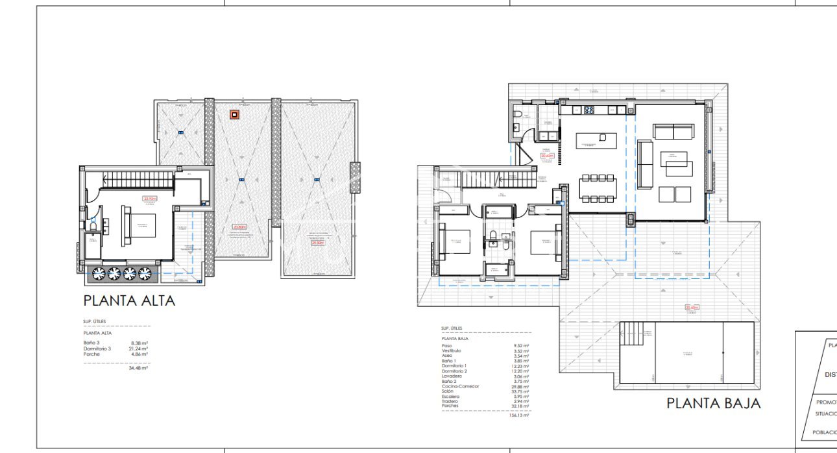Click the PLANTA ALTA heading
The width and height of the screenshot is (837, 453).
(x=129, y=300)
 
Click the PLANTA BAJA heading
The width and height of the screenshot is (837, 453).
(x=713, y=403)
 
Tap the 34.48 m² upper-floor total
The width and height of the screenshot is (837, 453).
(x=139, y=368)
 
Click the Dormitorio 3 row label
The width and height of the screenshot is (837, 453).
(x=98, y=349)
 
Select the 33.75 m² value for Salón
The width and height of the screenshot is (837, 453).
(x=520, y=391)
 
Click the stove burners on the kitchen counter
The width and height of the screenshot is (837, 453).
(x=590, y=110)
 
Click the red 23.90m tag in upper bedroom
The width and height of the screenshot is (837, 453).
(x=151, y=199)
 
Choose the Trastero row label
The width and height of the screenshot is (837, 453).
(x=449, y=401)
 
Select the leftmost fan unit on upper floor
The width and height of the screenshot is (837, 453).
(x=99, y=273)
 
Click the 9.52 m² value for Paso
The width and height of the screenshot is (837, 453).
(x=521, y=346)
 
